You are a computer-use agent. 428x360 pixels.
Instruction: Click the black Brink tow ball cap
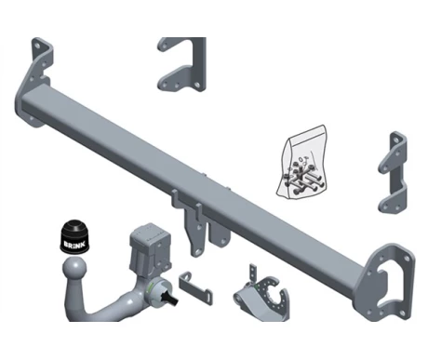74,237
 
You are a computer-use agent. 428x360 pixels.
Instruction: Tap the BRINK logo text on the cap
74,244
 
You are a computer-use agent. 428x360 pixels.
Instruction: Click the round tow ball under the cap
74,268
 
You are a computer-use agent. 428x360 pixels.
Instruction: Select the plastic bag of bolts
302,162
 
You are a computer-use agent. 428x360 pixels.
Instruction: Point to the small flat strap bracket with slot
195,288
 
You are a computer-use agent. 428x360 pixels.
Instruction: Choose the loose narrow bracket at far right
393,172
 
